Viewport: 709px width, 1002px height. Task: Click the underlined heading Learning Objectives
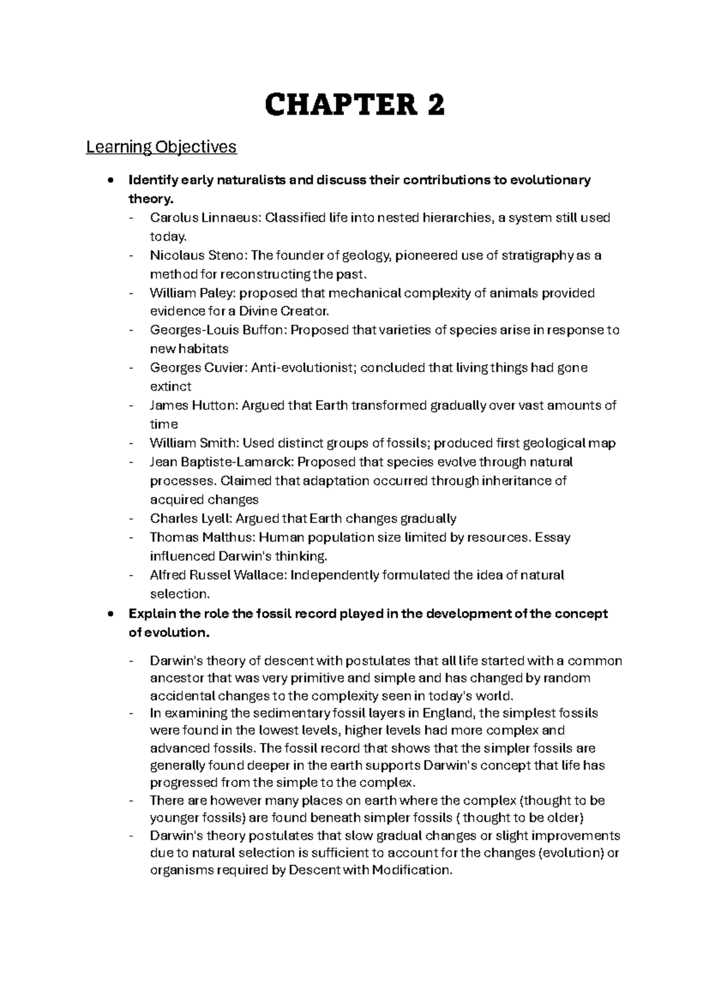[x=161, y=147]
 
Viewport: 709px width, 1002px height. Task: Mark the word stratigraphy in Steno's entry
[x=537, y=255]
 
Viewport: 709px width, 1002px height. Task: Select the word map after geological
[x=603, y=443]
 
